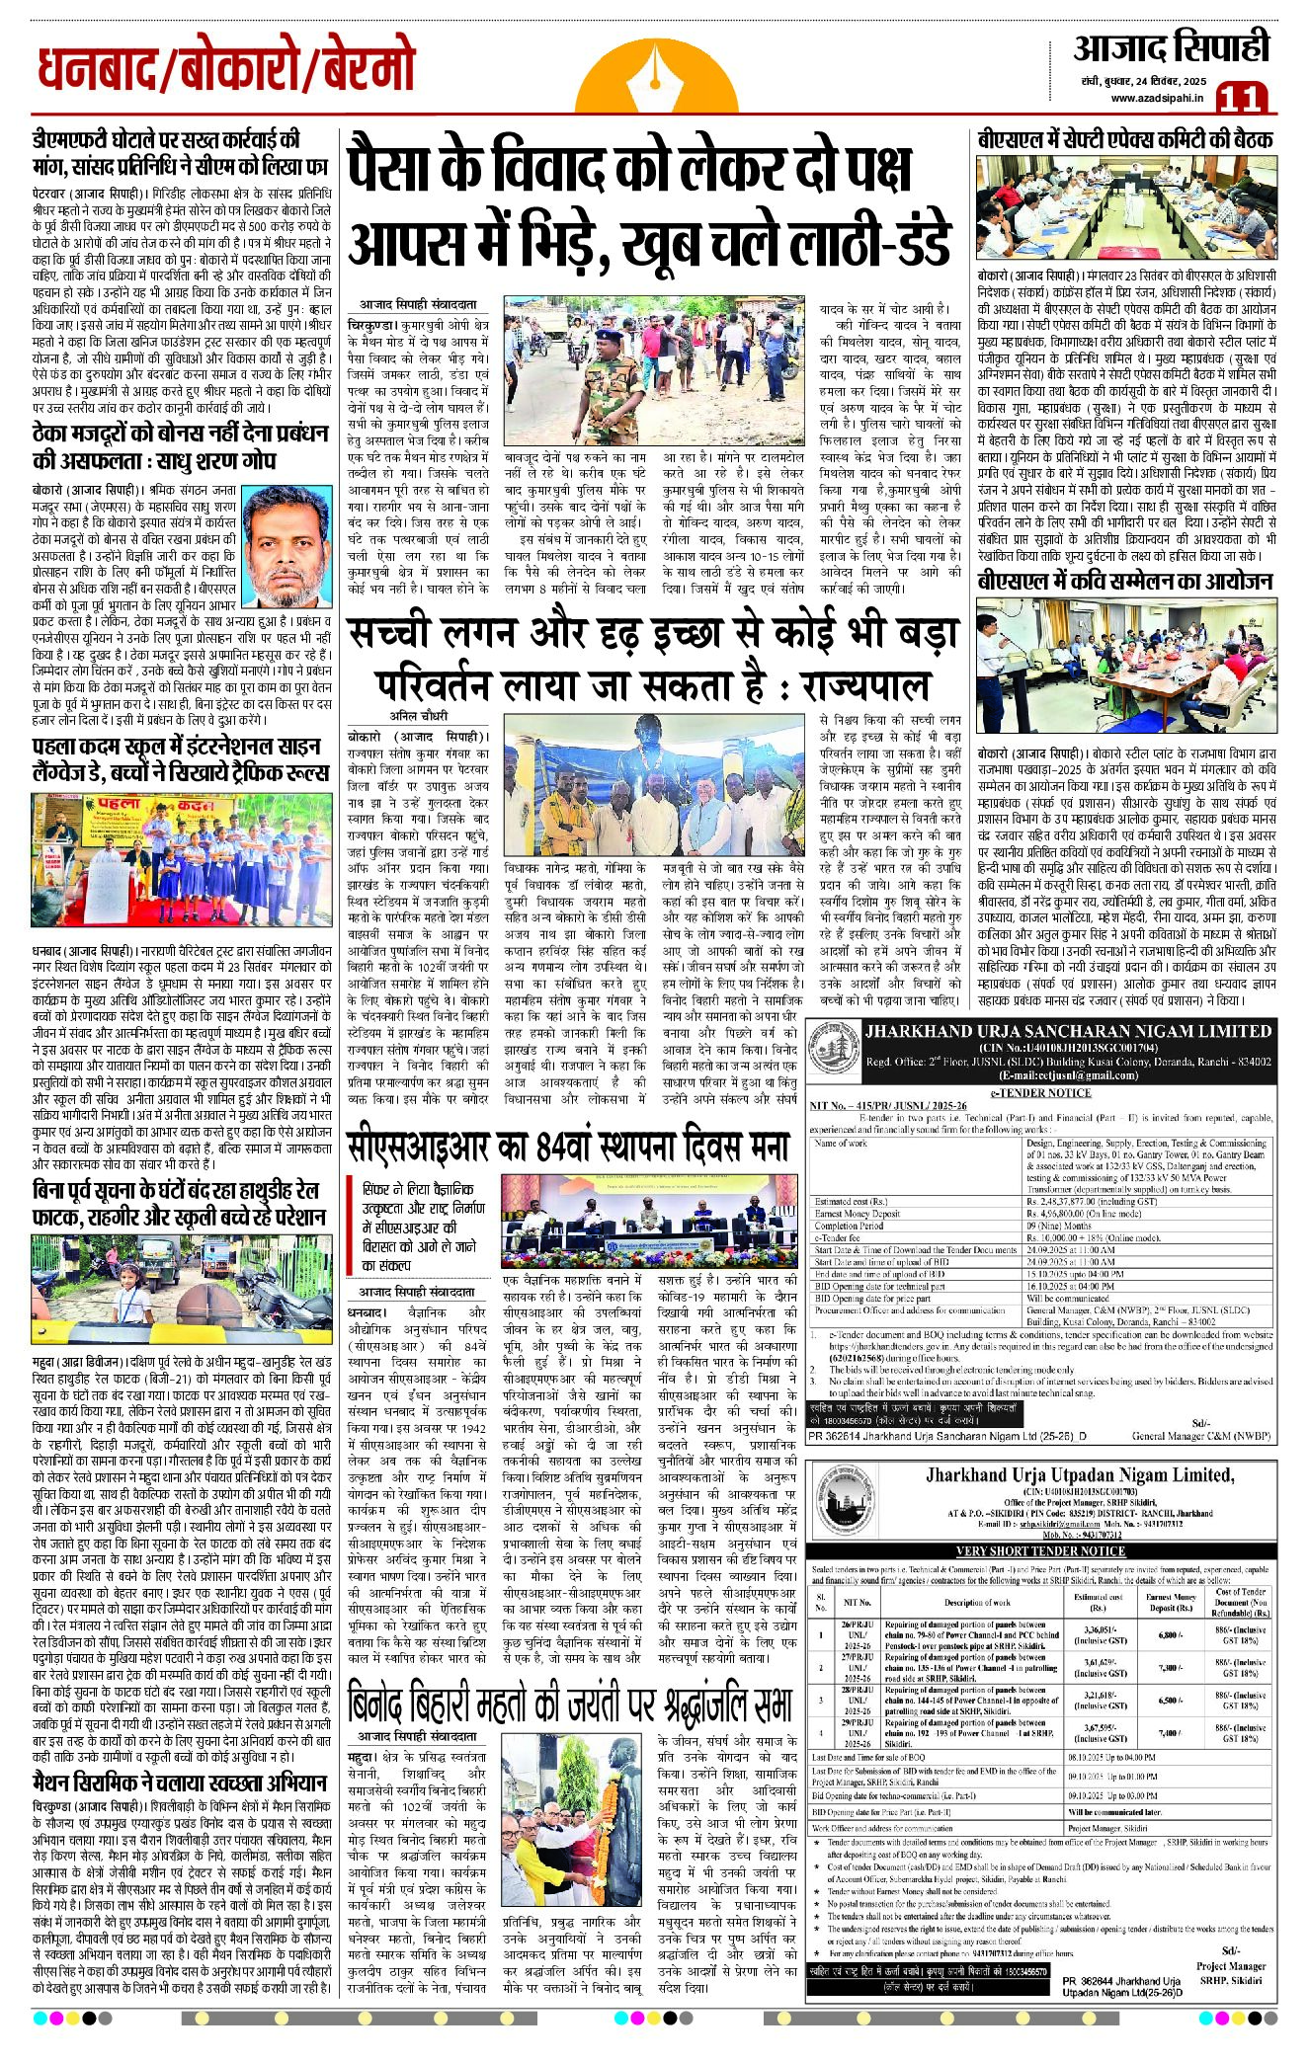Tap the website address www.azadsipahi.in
click(x=1156, y=97)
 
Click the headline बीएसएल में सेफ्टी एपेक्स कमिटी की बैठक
click(x=1124, y=140)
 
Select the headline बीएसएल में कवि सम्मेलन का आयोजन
click(x=1124, y=582)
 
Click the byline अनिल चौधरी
click(x=418, y=716)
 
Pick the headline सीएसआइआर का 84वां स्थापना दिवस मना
click(x=568, y=1147)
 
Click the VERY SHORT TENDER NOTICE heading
click(x=1040, y=1551)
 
